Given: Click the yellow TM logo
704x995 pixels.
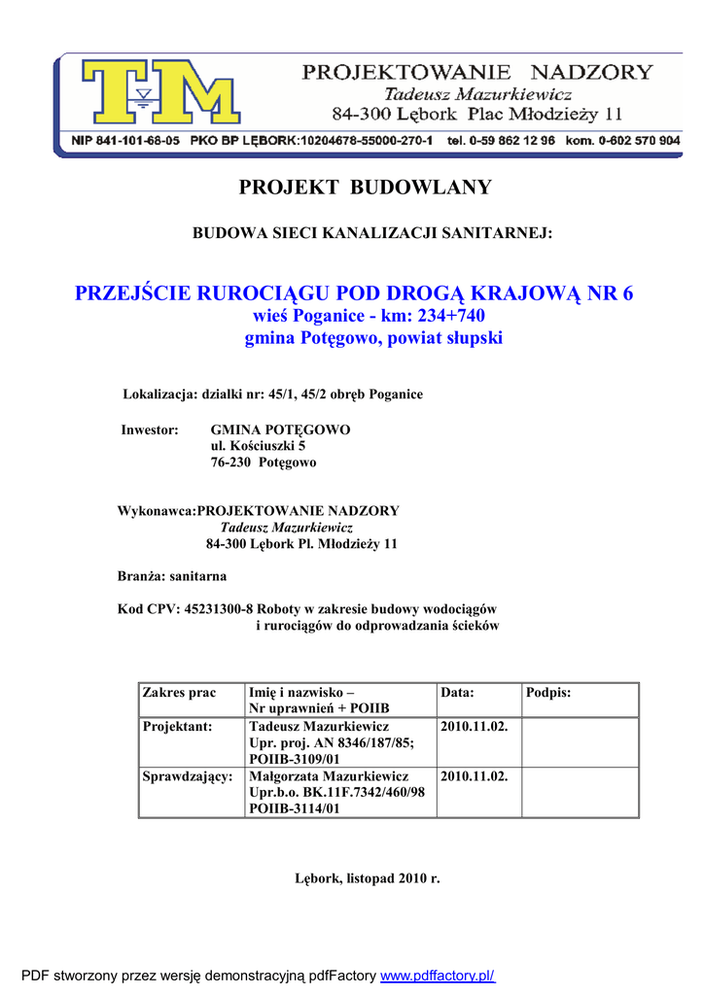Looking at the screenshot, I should pyautogui.click(x=160, y=96).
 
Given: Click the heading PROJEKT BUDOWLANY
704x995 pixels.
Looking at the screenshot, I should pyautogui.click(x=366, y=188).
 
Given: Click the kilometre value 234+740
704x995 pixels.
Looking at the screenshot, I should pyautogui.click(x=451, y=317).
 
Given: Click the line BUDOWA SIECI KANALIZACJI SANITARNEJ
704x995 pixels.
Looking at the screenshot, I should pyautogui.click(x=372, y=233).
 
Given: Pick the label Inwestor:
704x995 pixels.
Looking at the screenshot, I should pyautogui.click(x=150, y=429).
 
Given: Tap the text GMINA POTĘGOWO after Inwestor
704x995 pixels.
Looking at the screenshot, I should pyautogui.click(x=280, y=429).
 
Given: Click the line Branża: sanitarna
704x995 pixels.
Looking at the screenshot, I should pyautogui.click(x=172, y=576).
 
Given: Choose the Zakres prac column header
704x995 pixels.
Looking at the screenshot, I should pyautogui.click(x=179, y=693).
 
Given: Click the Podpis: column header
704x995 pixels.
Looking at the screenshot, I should pyautogui.click(x=548, y=693).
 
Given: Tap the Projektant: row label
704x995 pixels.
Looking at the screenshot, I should pyautogui.click(x=177, y=727).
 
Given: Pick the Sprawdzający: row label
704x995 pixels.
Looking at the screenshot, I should pyautogui.click(x=187, y=776).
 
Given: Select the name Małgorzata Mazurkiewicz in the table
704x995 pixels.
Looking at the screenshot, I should pyautogui.click(x=329, y=776).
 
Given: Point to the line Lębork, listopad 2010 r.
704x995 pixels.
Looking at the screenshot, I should pyautogui.click(x=368, y=878).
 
